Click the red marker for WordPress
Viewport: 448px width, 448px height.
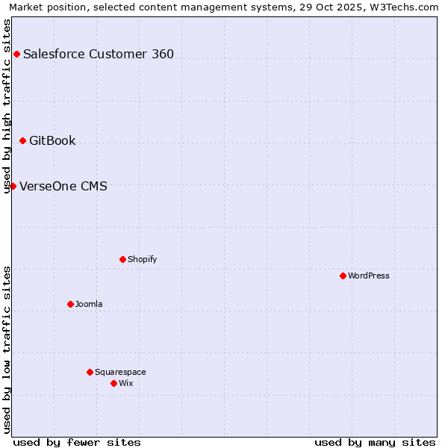(343, 276)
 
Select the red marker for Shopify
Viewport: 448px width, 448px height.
(122, 259)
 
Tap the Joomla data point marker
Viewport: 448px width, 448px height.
(70, 304)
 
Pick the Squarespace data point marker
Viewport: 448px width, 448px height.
(90, 372)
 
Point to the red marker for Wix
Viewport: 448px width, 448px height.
(113, 383)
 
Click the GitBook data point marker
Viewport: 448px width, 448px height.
(22, 140)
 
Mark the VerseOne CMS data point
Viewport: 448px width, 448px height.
(13, 186)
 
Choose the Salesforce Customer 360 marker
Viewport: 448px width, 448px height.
(16, 54)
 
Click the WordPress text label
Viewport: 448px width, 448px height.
(369, 276)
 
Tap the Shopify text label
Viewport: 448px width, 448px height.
(142, 259)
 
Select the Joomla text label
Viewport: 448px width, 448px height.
(89, 304)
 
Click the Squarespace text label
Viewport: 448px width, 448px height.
(120, 372)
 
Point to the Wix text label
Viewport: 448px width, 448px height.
(125, 383)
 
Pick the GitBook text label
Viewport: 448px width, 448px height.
(52, 140)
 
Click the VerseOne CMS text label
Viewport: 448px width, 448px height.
(63, 186)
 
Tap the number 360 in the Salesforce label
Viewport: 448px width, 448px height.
(161, 54)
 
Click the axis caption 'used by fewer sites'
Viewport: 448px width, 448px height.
(77, 442)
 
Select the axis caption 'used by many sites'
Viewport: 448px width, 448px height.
(375, 442)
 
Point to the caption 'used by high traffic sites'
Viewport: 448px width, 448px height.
(7, 105)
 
